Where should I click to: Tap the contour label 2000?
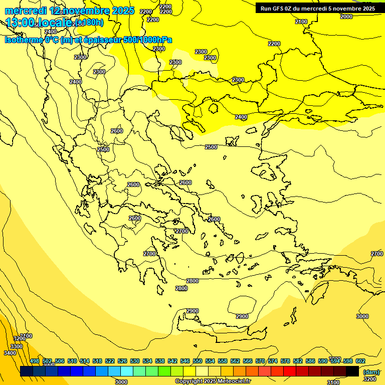346,17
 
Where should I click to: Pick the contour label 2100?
301,22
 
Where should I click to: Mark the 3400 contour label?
10,353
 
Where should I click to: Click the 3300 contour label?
17,346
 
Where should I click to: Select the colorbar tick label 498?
35,361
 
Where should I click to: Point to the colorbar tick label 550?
198,361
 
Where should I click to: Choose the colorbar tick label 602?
360,361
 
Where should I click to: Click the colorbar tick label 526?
122,361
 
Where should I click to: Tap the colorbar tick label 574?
273,361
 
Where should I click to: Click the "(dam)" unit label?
370,371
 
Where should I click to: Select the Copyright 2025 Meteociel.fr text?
213,381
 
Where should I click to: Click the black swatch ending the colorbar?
352,371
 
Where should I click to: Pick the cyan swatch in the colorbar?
127,371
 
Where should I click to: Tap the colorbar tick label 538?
160,361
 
